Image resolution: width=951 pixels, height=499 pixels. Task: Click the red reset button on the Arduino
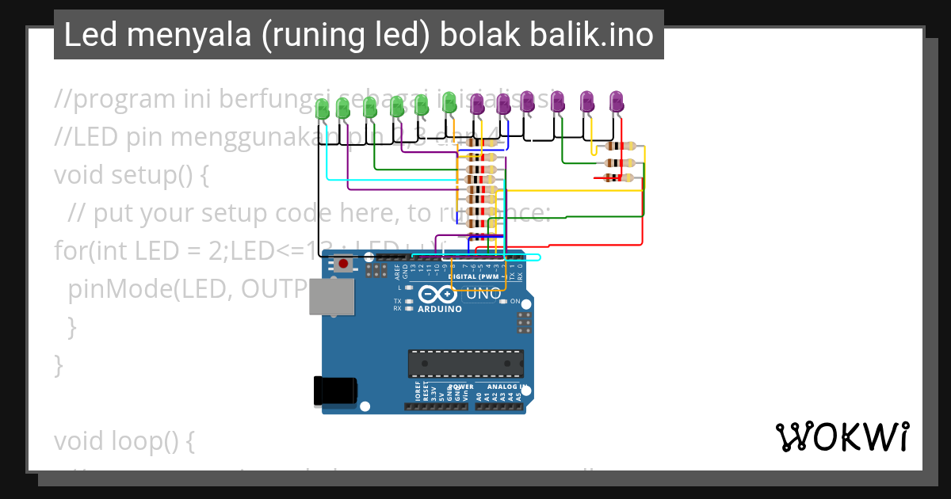[343, 264]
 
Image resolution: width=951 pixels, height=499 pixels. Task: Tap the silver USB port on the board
[330, 297]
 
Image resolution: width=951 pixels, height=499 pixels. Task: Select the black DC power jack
[335, 390]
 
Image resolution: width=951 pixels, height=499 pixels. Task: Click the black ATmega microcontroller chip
[466, 363]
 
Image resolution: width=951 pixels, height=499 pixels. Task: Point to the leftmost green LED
[322, 109]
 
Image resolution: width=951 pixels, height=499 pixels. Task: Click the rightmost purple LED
[617, 101]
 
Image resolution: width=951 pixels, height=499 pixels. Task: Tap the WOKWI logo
[842, 436]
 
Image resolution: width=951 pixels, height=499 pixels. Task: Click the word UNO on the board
[483, 294]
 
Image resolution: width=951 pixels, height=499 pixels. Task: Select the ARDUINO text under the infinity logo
[440, 309]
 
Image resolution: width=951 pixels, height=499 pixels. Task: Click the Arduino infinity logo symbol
[439, 295]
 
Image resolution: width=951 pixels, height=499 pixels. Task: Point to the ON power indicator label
[515, 302]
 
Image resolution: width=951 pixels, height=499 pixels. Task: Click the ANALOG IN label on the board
[501, 387]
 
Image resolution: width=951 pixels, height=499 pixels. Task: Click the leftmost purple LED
[477, 104]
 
